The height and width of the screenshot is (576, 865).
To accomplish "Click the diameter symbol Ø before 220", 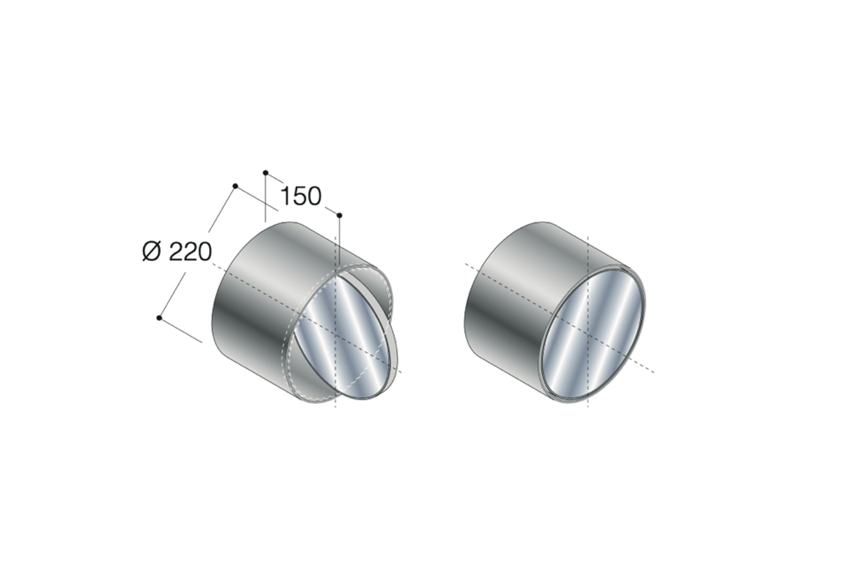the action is [x=151, y=252].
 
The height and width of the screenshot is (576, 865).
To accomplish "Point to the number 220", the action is [x=191, y=252].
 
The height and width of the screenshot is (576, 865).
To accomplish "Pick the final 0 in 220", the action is [x=205, y=252].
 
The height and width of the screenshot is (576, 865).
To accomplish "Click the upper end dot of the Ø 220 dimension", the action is [x=235, y=186].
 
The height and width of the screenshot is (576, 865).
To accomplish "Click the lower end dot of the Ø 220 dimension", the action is [x=159, y=318].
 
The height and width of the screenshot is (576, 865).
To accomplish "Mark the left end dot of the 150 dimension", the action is [x=265, y=172].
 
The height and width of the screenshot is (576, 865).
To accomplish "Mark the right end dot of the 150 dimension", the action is [x=339, y=215].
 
